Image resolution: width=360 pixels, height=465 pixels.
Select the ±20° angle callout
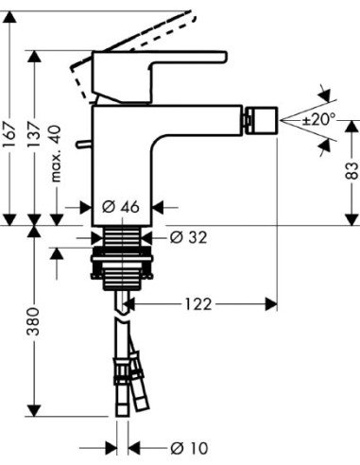319,120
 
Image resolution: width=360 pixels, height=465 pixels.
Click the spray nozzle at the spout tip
256,121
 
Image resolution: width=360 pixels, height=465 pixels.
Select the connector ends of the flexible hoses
125,387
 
